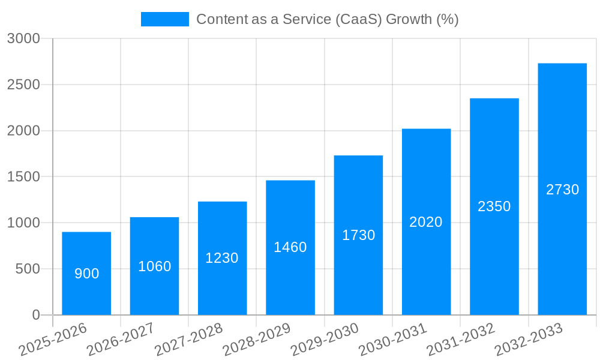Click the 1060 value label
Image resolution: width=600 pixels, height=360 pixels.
155,266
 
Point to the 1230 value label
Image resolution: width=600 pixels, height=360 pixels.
222,258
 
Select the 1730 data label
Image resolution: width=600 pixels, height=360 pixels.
359,235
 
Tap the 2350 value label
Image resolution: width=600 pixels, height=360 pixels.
494,206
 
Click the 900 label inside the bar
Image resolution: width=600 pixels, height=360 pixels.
87,274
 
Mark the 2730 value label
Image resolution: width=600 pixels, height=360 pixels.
562,190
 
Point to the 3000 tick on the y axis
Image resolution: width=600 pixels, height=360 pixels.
23,38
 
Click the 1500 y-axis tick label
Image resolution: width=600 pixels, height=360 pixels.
23,177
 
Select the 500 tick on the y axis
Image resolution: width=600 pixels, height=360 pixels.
28,269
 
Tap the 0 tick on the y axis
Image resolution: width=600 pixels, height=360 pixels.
36,315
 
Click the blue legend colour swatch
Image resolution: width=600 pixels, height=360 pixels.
164,19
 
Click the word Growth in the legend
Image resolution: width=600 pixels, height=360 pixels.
409,19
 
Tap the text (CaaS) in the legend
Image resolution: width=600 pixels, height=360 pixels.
358,19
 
